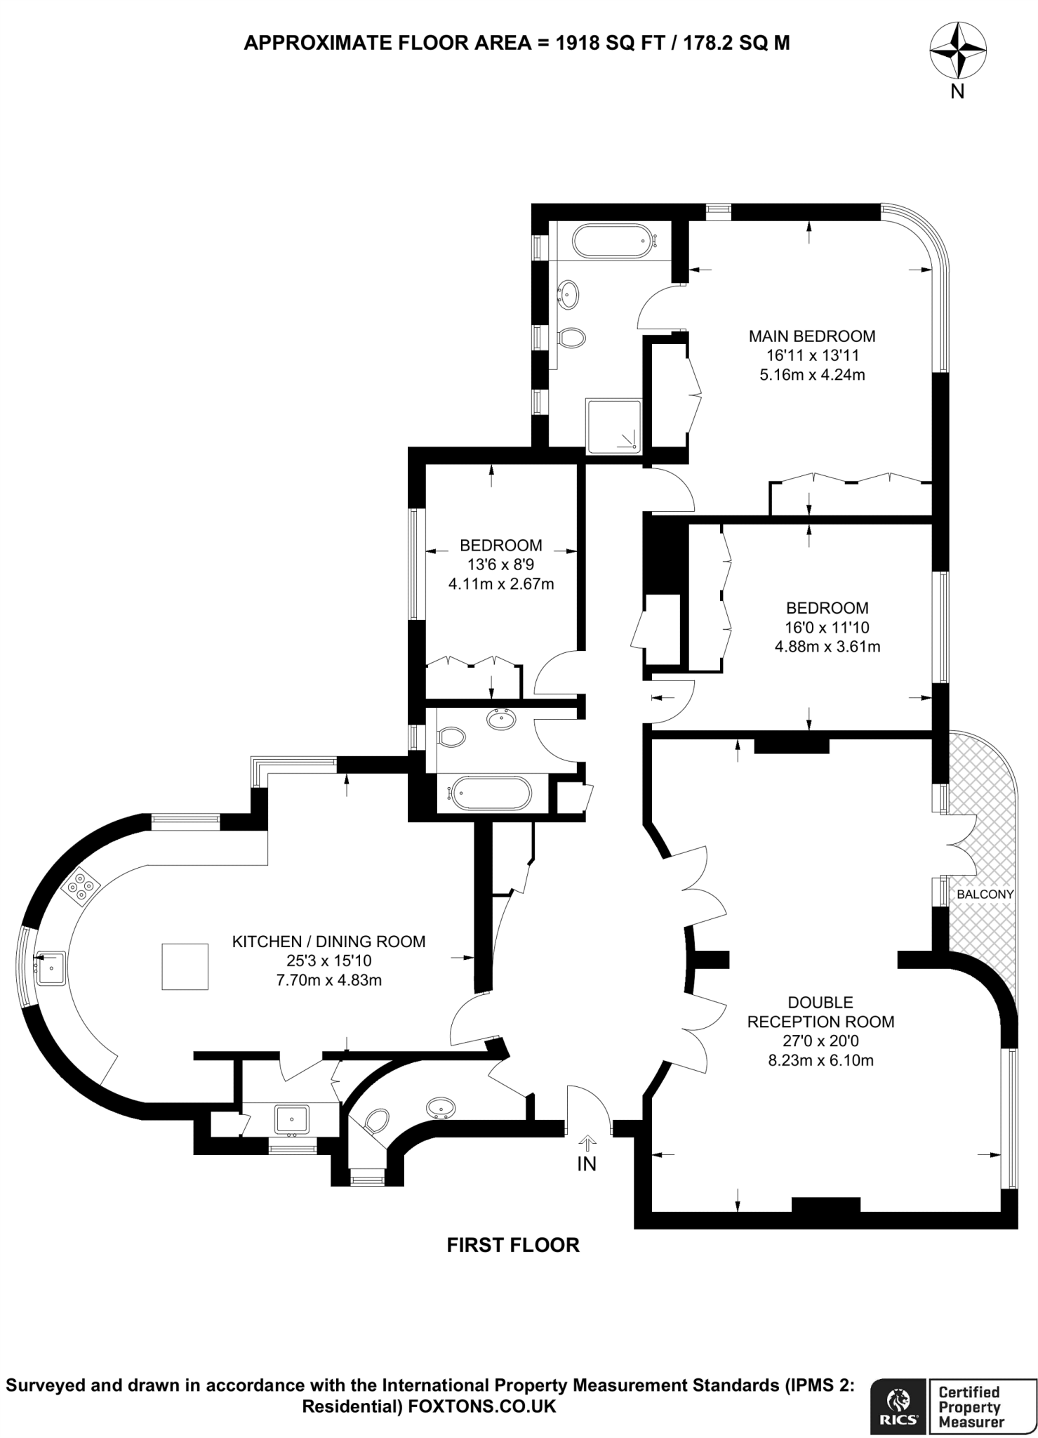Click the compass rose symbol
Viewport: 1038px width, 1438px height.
[957, 51]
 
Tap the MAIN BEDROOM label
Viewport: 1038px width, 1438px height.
[812, 336]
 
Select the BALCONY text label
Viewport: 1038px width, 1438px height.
[985, 895]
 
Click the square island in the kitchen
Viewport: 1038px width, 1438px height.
[185, 967]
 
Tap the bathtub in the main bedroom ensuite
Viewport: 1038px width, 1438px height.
[613, 242]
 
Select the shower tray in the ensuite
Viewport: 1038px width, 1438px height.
[613, 426]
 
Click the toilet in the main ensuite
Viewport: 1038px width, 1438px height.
[573, 338]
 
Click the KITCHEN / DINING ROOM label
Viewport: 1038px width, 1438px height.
[328, 942]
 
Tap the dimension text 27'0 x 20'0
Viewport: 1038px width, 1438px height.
[820, 1041]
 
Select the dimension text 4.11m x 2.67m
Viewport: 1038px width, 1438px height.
[501, 583]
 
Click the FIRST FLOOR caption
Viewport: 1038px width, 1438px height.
[513, 1246]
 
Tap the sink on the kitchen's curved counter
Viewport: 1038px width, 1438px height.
[51, 968]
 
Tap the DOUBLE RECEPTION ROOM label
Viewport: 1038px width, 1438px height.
[820, 1012]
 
